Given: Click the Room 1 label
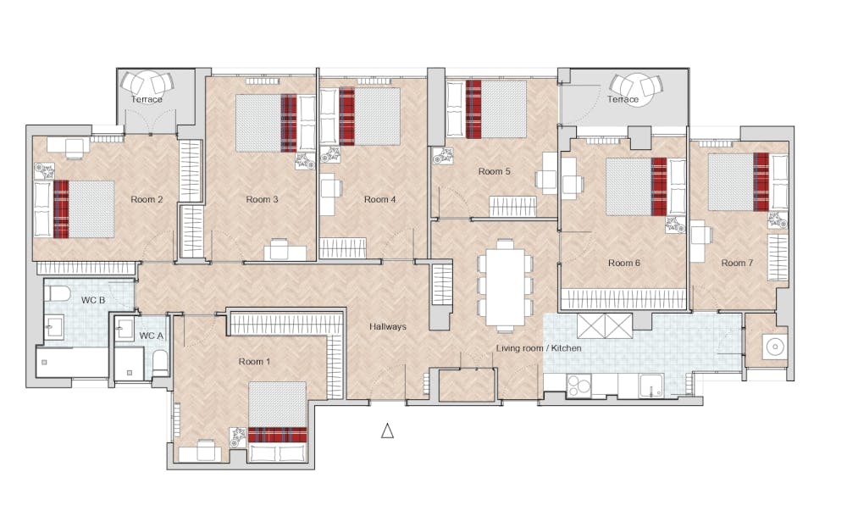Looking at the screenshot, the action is point(254,362).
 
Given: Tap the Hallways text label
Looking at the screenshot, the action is point(387,326).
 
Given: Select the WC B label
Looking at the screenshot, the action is point(93,300).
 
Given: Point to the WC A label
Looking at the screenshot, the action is point(152,336).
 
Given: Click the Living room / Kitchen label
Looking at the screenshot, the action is point(539,348).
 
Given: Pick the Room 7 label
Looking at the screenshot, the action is point(737,263).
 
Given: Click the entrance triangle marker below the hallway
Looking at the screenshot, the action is point(387,430).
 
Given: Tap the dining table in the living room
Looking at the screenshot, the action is point(505,286).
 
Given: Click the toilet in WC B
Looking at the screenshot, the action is point(57,293).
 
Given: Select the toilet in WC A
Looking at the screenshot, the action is point(160,364).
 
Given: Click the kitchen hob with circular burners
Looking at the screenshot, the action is point(579,386).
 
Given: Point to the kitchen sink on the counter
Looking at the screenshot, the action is point(652,386).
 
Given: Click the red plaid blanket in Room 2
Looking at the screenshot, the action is point(61,209).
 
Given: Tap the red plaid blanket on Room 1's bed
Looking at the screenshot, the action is point(277,436).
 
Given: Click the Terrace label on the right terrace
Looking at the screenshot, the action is point(623,99).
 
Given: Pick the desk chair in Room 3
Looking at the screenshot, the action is point(280,246).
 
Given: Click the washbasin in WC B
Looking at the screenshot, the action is point(54,326).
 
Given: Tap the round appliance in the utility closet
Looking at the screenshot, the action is point(775,347).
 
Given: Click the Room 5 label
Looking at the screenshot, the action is point(494,171).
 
